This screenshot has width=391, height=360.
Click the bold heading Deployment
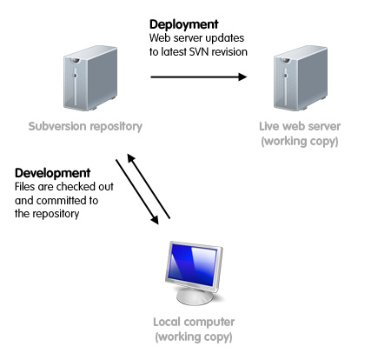click(183, 25)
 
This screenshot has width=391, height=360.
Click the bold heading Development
click(52, 173)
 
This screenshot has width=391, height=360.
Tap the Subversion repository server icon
click(90, 78)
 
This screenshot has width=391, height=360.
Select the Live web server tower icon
click(301, 78)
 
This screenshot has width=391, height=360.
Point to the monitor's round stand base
click(195, 297)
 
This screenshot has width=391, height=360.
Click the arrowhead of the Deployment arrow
click(242, 77)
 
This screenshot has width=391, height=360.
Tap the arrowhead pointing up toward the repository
click(131, 158)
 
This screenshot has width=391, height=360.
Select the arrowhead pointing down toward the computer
click(155, 220)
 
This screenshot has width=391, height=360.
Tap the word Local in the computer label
click(167, 322)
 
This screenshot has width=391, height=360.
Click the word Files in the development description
click(24, 187)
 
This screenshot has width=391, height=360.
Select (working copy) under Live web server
click(300, 142)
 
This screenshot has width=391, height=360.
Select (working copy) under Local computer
click(194, 337)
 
